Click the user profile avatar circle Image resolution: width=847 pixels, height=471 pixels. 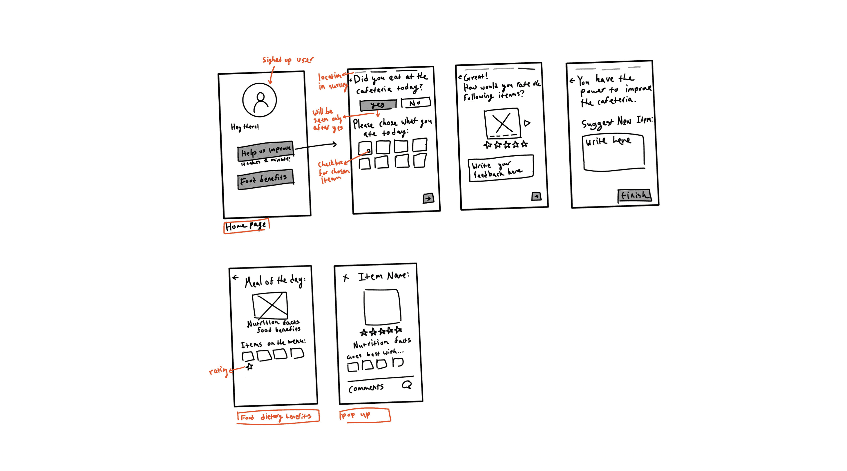point(259,100)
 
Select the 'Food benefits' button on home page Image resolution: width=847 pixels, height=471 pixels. point(265,180)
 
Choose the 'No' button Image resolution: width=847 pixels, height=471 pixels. point(415,103)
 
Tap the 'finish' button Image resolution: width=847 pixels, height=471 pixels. point(634,196)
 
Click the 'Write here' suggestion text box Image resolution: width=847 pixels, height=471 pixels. point(613,153)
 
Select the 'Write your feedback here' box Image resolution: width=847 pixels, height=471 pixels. point(500,168)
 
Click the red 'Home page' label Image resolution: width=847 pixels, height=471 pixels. point(246,226)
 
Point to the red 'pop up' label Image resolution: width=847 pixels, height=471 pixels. point(364,415)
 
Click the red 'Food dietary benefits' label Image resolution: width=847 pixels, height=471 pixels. point(278,417)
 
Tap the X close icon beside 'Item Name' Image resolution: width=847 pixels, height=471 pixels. point(345,278)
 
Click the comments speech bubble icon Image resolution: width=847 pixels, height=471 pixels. point(407,385)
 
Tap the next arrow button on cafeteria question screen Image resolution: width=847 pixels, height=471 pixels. point(428,198)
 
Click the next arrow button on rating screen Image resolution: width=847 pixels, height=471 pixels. point(536,197)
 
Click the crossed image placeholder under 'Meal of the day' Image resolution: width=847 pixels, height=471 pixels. point(270,305)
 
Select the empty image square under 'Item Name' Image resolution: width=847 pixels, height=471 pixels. point(382,307)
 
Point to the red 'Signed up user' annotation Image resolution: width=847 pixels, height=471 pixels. point(287,60)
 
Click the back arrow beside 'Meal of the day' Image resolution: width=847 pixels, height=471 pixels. point(236,277)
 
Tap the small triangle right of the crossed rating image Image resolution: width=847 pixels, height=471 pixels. point(527,123)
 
